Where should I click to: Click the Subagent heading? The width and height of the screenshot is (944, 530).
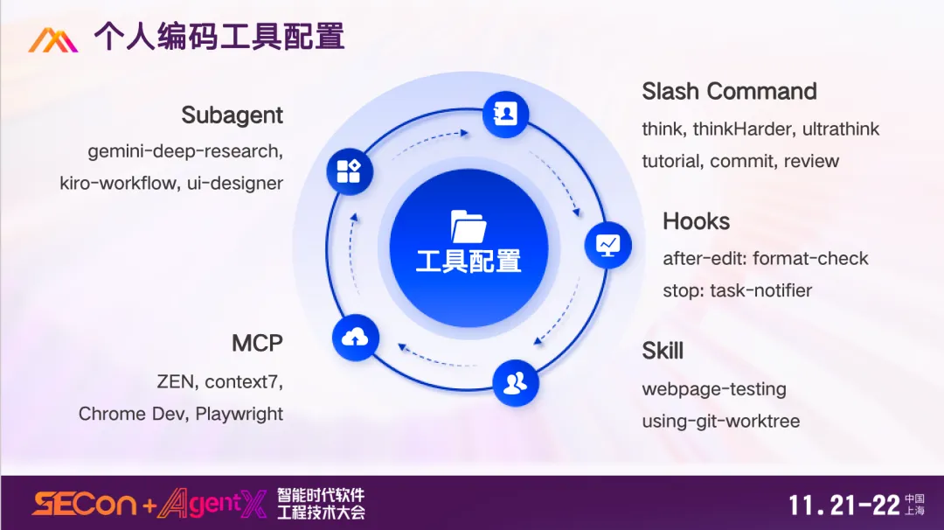(232, 115)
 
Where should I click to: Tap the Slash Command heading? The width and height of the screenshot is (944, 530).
(729, 92)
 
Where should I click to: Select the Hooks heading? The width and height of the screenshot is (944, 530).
(696, 221)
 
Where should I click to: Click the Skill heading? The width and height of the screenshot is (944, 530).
(663, 351)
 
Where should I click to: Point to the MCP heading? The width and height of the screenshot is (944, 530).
(257, 343)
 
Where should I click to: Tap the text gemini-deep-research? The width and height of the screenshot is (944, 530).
(184, 151)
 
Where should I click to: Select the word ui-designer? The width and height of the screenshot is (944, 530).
(235, 184)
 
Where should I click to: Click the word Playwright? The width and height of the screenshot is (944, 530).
(239, 414)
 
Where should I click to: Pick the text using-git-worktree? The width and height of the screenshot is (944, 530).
(720, 421)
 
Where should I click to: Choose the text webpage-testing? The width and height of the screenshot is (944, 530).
(714, 389)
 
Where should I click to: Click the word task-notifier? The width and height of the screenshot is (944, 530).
(761, 290)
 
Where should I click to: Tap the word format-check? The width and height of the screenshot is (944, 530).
(810, 259)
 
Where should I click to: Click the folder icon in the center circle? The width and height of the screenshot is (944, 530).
(469, 227)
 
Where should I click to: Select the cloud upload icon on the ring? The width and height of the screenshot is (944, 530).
(356, 337)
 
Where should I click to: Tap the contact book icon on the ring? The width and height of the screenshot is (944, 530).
(505, 115)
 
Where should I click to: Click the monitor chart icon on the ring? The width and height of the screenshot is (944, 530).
(607, 244)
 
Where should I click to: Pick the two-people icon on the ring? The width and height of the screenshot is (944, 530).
(516, 382)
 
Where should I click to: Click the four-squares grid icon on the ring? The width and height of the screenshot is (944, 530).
(349, 171)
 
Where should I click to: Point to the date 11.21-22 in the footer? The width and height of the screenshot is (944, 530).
(843, 505)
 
